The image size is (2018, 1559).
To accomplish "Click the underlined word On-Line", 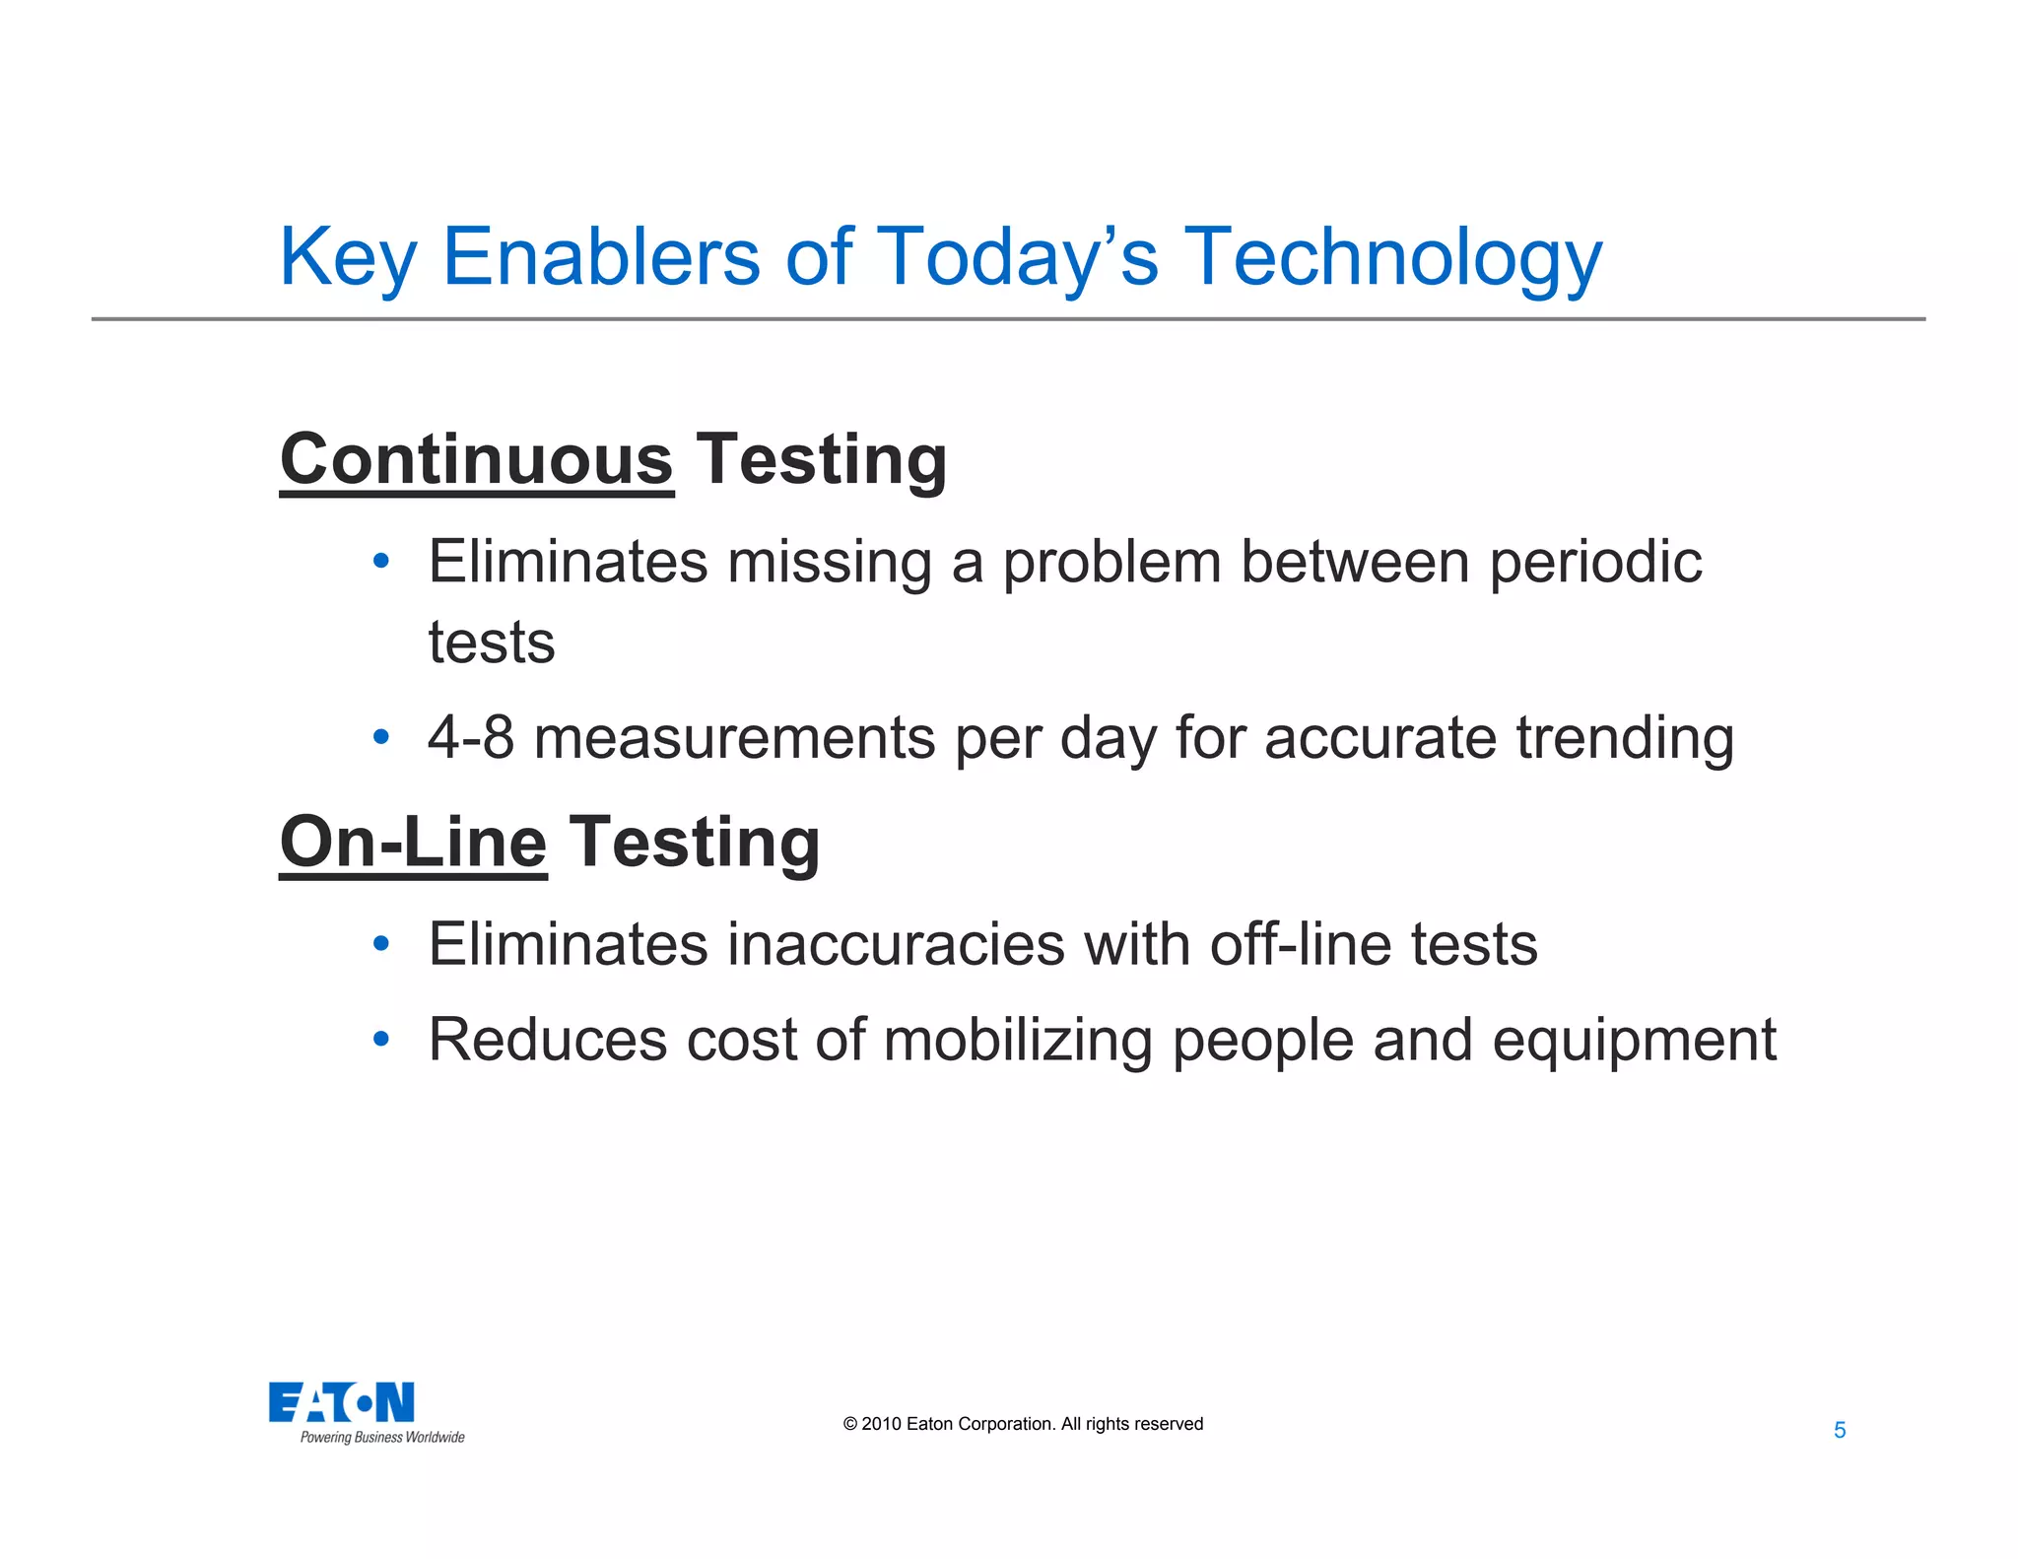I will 413,843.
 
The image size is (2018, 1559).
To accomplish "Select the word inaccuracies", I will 896,944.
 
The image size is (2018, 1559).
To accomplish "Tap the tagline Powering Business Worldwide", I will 382,1438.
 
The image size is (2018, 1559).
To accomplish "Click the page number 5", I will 1839,1430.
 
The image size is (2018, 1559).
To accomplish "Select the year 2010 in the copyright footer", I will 881,1424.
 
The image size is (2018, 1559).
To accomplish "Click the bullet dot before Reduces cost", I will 381,1039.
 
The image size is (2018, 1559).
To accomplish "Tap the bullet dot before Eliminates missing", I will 381,562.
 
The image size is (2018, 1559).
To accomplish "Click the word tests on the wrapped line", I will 491,644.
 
